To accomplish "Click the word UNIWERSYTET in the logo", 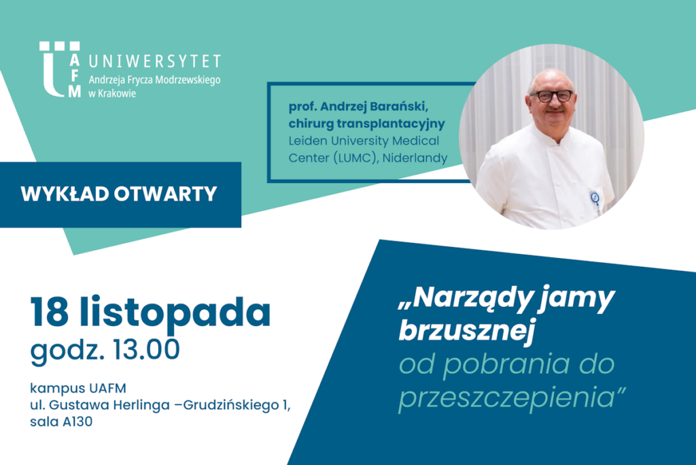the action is point(154,61).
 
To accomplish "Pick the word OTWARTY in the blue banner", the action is point(166,194).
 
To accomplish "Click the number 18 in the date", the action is point(50,312).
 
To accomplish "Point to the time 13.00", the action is point(147,349).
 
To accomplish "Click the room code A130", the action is point(77,421).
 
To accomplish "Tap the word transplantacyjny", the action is point(391,124).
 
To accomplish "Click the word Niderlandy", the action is point(415,158).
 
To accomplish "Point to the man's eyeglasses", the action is point(551,96).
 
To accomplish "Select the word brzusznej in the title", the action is point(466,331).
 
